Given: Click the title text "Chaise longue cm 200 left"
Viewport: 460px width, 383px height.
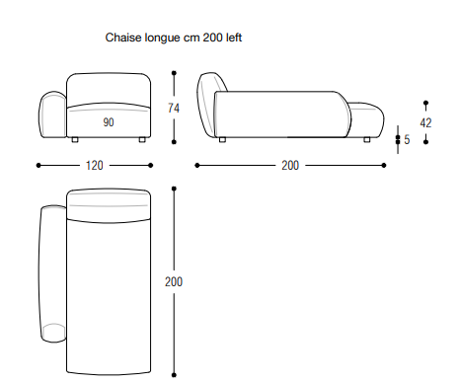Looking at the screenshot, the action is point(174,38).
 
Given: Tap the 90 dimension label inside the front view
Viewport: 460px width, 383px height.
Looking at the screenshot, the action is point(109,122).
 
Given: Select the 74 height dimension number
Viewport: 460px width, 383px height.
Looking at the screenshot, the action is point(174,108).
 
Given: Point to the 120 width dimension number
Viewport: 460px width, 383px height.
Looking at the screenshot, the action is point(95,165).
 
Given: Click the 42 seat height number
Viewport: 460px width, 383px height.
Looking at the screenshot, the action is point(425,123).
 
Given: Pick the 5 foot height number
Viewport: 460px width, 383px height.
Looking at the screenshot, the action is point(407,139).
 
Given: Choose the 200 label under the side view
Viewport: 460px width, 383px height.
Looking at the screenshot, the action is point(290,165).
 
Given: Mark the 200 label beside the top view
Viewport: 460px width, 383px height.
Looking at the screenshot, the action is point(174,281).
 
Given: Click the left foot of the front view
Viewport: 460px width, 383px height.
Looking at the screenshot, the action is point(75,140).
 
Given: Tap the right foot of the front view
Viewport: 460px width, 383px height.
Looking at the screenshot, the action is point(142,140).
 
